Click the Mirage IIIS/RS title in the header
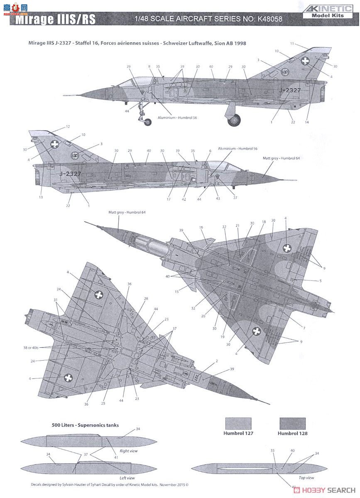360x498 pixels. (56, 20)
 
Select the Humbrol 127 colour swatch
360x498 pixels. (238, 423)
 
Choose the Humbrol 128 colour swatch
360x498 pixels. (292, 423)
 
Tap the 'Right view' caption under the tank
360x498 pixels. (129, 451)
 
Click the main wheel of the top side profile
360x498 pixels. (234, 120)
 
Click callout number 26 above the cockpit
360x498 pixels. (129, 66)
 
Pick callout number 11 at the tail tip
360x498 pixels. (292, 44)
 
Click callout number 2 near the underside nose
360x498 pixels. (217, 361)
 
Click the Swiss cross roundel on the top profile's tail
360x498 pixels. (305, 61)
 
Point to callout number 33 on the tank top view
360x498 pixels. (273, 450)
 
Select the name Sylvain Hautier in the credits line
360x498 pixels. (79, 484)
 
